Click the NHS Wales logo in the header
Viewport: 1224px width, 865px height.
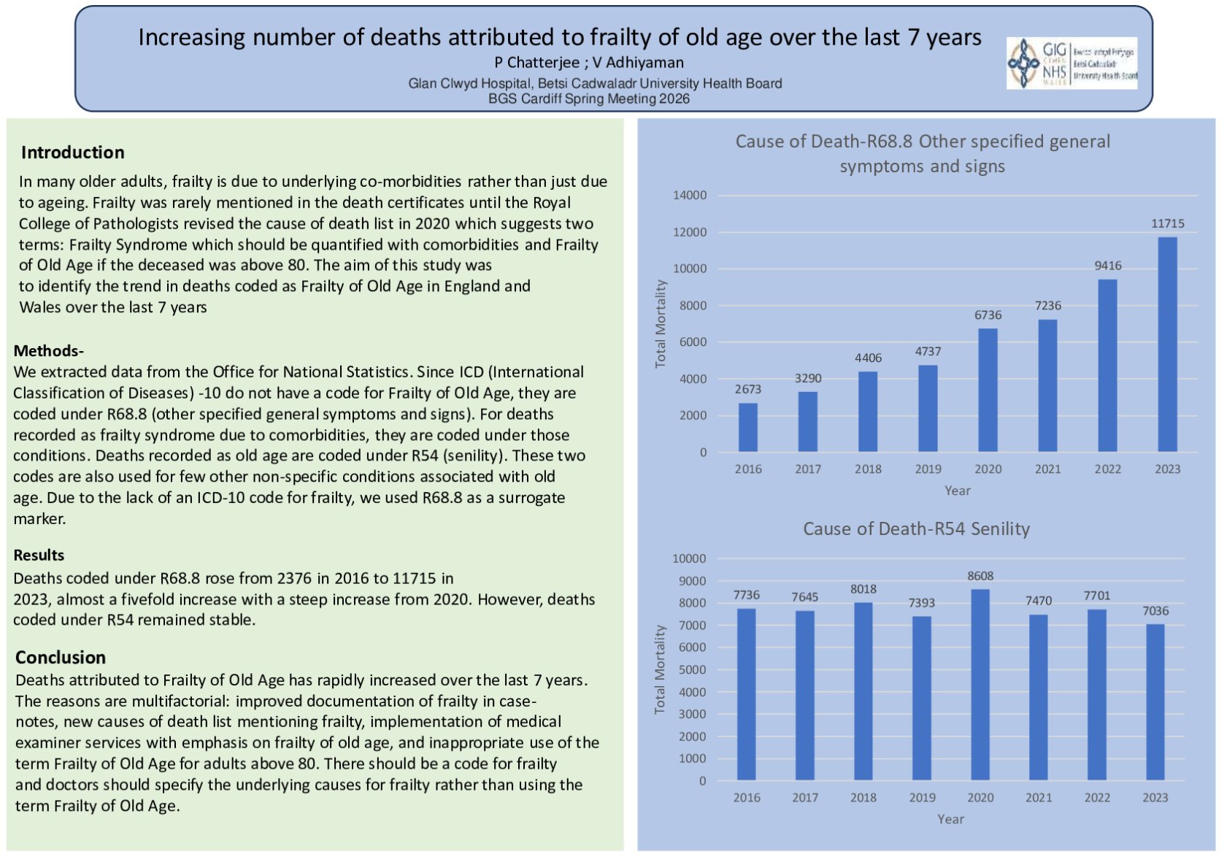[x=1071, y=64]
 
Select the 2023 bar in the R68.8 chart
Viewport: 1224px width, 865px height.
[x=1167, y=344]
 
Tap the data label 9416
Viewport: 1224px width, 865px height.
[x=1107, y=266]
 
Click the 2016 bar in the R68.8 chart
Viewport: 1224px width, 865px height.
[x=748, y=427]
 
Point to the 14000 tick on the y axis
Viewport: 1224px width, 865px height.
[x=690, y=196]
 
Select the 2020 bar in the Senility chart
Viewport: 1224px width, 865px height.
[x=980, y=685]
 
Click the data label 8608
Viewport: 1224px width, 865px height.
[x=980, y=576]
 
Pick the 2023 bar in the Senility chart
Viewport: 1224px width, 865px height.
[x=1155, y=701]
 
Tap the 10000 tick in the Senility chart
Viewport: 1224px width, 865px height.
[x=689, y=558]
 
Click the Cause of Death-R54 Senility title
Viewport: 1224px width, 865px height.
[x=916, y=528]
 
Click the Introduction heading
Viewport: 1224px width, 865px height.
[x=72, y=153]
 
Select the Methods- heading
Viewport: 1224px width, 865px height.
[x=48, y=350]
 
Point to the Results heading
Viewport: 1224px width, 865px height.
[x=39, y=555]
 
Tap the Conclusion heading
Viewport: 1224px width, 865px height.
[x=61, y=657]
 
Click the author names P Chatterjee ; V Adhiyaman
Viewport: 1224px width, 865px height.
[x=588, y=63]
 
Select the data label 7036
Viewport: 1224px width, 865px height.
[x=1155, y=611]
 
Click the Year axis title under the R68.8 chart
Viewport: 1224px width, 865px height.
[x=957, y=491]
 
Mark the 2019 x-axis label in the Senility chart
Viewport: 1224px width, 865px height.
[x=922, y=797]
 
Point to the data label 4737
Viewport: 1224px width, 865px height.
[x=928, y=352]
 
